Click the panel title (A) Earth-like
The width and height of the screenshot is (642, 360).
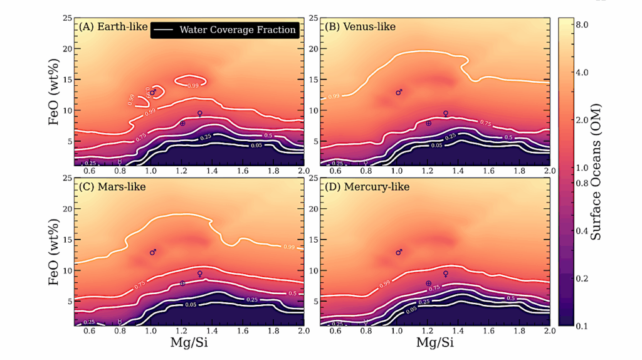click(112, 27)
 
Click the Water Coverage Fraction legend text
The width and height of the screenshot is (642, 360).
click(238, 29)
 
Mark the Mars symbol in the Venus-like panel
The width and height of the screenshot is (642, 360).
click(399, 92)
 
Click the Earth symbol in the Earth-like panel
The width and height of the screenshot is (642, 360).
click(182, 124)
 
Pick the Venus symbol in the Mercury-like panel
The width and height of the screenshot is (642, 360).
click(446, 274)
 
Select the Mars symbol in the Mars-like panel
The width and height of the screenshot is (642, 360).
click(153, 252)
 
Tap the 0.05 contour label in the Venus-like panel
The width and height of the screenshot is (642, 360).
click(437, 146)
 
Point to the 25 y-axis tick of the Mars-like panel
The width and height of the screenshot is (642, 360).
click(66, 178)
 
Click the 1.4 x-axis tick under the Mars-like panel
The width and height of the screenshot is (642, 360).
click(211, 331)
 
